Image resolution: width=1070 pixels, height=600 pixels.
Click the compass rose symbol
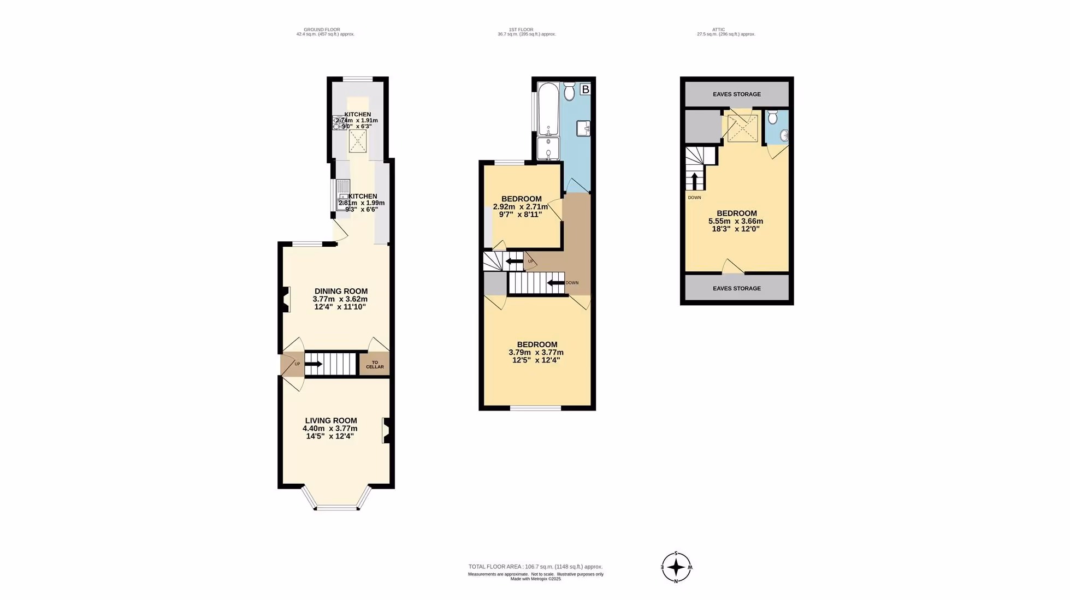coord(676,567)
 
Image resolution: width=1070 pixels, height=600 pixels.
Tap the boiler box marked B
coord(585,89)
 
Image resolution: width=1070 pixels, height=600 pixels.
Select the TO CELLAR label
coord(375,365)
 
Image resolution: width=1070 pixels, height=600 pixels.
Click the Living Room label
coord(331,420)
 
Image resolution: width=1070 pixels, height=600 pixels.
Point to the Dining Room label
coord(341,291)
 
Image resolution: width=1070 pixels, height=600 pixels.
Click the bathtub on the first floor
coord(548,109)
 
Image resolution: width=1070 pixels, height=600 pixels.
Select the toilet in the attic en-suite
coord(772,117)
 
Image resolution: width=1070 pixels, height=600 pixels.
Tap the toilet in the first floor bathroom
coord(569,91)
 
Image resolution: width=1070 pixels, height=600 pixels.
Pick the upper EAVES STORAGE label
coord(736,94)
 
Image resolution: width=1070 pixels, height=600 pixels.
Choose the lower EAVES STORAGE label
coord(736,288)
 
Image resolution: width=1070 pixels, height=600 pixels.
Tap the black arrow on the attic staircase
coord(694,181)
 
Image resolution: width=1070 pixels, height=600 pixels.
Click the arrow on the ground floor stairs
coord(314,364)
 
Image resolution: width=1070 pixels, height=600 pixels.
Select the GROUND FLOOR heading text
coord(322,29)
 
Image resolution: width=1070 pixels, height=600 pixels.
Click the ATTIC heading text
coord(718,29)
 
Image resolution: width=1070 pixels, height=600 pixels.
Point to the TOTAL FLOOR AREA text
coord(535,567)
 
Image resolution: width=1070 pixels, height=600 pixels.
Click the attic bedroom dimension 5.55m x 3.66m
coord(736,221)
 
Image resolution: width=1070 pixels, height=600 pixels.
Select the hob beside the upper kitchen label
coord(339,123)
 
